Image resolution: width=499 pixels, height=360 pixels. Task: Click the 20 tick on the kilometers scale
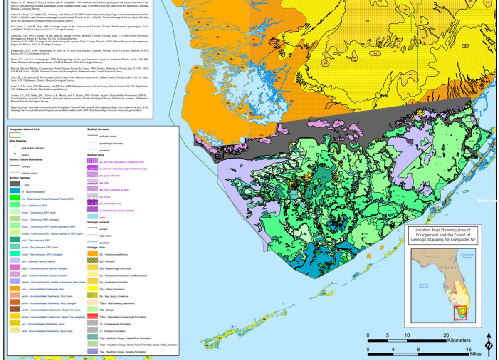pos(445,335)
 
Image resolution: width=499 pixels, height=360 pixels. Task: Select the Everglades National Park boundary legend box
pos(15,135)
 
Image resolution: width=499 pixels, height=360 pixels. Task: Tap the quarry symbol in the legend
pos(15,154)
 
